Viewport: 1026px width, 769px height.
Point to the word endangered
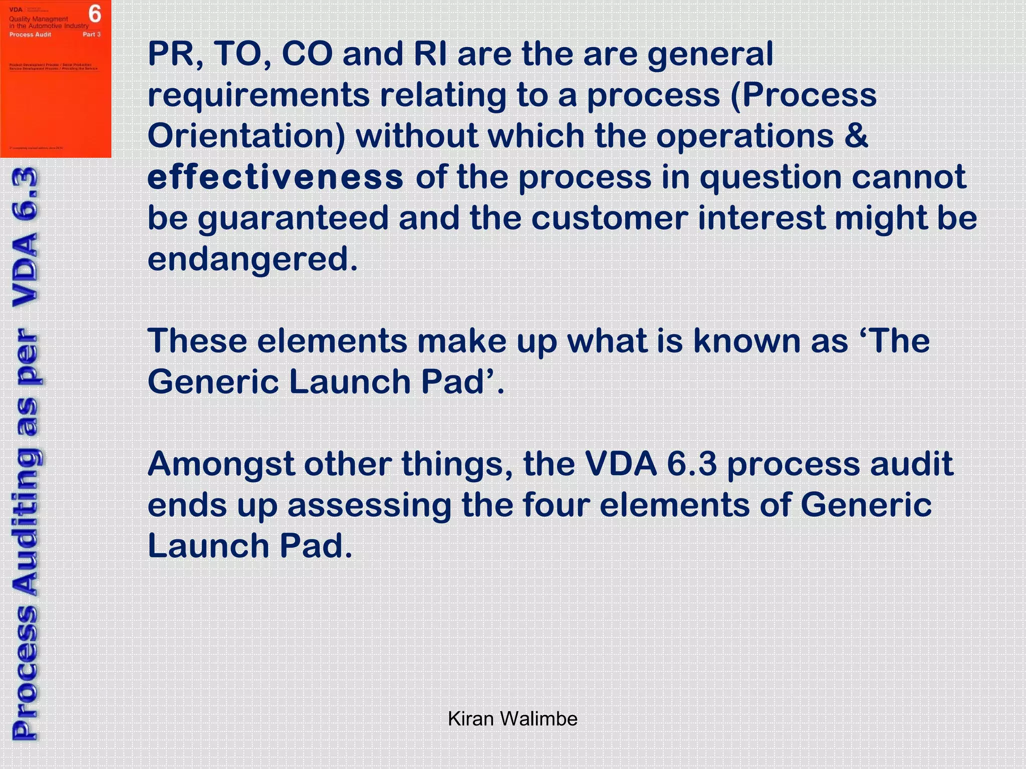pyautogui.click(x=252, y=259)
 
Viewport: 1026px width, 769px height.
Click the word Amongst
pyautogui.click(x=220, y=464)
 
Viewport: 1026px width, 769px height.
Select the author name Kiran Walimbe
pyautogui.click(x=512, y=719)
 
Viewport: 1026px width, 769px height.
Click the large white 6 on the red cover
pyautogui.click(x=95, y=14)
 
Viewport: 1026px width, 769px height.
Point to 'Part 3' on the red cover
pyautogui.click(x=92, y=35)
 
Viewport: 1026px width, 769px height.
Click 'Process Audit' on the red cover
pyautogui.click(x=30, y=35)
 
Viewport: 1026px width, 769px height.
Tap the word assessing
pyautogui.click(x=369, y=505)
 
